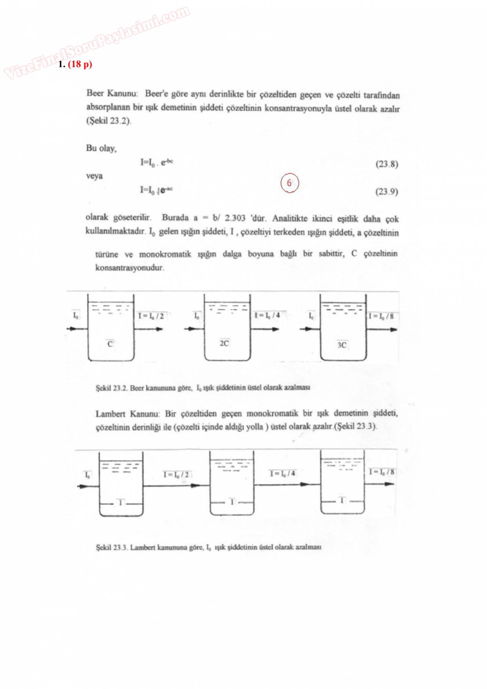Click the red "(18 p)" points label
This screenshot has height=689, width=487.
[80, 64]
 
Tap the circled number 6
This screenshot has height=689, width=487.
[289, 183]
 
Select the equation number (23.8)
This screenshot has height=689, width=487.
[386, 164]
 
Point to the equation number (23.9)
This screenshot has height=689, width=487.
[386, 192]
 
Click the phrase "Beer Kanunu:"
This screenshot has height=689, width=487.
[112, 93]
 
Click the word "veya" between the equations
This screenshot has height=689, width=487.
[94, 176]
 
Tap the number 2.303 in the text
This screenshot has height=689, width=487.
[235, 218]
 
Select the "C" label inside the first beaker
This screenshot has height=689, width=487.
[110, 344]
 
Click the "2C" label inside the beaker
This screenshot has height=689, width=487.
[224, 344]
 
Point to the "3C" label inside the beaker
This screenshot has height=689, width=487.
[342, 345]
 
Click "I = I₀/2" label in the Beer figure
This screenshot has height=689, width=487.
[151, 316]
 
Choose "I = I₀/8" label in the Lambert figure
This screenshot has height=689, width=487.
[381, 472]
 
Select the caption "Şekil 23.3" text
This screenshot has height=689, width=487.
[112, 547]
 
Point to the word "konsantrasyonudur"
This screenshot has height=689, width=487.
[130, 268]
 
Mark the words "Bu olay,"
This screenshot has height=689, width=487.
[101, 148]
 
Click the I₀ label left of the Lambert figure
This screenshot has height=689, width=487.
[88, 475]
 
